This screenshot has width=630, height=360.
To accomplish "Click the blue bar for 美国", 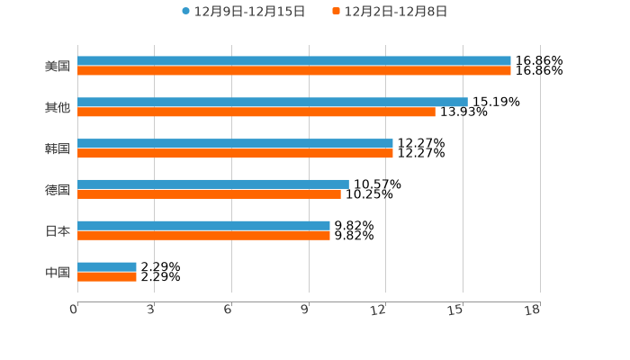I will (294, 61).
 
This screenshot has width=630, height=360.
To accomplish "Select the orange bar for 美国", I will (294, 71).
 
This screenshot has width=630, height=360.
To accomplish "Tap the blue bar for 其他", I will (273, 103).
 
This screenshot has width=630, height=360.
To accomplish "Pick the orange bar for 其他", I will (256, 112).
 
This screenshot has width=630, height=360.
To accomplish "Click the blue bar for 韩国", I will (235, 144).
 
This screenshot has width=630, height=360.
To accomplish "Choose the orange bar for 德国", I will (209, 194).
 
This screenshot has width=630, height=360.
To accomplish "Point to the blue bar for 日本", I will (203, 226).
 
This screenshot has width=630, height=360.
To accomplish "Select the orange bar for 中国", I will (107, 276).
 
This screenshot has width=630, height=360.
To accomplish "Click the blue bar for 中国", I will (107, 266).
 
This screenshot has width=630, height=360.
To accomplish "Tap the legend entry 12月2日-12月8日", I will (396, 12).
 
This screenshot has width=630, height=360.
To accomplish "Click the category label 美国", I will (58, 67).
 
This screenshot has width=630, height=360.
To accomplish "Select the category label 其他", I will (58, 108).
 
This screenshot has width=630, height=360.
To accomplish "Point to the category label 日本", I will (58, 231).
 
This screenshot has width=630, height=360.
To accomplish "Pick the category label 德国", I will (58, 190).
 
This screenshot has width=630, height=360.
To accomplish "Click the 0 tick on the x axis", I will (75, 310).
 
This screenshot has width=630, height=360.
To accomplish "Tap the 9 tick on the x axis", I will (306, 310).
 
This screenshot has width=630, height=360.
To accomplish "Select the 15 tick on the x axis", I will (457, 310).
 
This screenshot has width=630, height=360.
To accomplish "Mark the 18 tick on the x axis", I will (533, 310).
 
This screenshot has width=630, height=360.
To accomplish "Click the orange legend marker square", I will (336, 12).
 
